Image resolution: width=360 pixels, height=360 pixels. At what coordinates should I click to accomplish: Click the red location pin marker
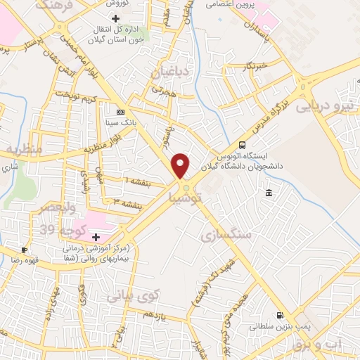[181, 165]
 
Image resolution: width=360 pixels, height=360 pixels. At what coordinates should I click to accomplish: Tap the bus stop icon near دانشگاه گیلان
[243, 145]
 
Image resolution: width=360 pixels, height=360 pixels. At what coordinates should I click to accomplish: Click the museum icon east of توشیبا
[269, 193]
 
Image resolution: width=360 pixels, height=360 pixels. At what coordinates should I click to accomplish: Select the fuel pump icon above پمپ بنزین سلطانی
[281, 316]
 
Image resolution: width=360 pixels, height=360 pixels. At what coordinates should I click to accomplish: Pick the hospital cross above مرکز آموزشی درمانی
[96, 237]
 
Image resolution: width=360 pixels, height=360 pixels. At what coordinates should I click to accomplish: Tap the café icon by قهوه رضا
[25, 249]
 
